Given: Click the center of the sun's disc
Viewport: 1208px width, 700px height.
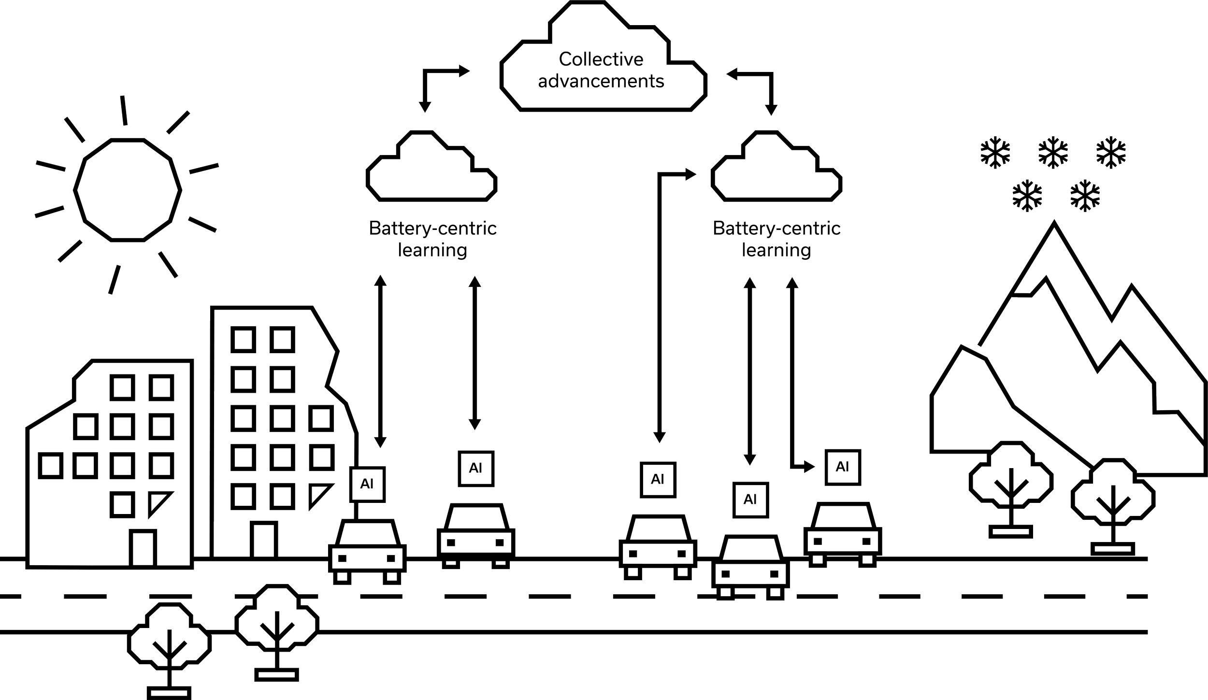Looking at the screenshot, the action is [x=128, y=189].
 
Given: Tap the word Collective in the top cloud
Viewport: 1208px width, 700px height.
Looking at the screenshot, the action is [x=601, y=59].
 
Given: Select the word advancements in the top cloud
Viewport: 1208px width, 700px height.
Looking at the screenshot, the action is [x=602, y=81].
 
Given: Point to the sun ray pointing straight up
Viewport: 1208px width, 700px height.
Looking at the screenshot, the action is [x=124, y=110].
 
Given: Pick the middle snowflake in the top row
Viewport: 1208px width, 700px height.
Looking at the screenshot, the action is [x=1053, y=153].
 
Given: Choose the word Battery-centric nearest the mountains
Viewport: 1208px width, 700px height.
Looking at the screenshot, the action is [x=777, y=228].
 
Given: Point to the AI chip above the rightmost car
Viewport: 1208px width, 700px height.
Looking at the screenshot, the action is [x=843, y=467].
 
